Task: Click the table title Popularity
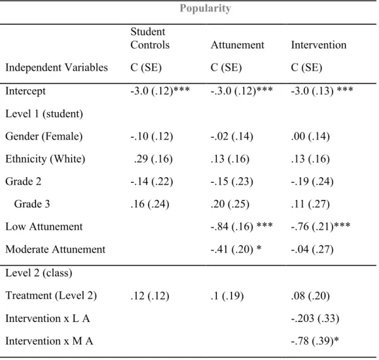205,9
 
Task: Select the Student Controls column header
150,38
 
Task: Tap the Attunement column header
237,45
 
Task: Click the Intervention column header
318,45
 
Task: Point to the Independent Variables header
56,68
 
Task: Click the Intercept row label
25,91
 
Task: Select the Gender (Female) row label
44,137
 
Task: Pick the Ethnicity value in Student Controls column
153,159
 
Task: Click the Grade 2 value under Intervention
313,182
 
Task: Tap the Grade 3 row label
32,204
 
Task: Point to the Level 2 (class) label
39,273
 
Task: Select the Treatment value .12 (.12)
149,295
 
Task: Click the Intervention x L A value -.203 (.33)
315,318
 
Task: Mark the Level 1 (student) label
44,114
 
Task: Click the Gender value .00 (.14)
311,137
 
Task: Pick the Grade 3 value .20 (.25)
230,204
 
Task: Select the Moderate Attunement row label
55,249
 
